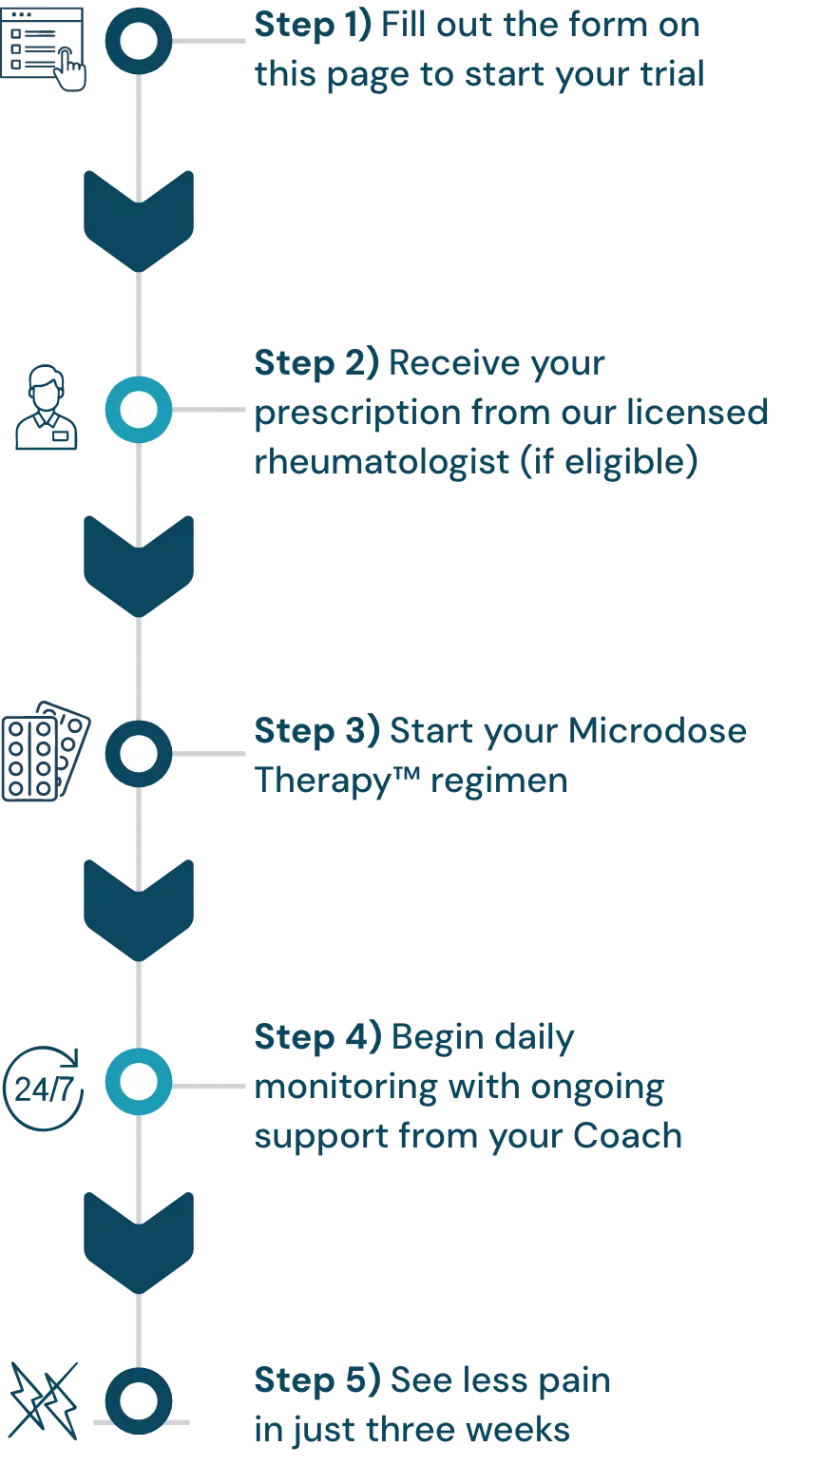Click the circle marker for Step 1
(x=139, y=41)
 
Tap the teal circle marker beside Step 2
(x=139, y=411)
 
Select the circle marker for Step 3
(x=139, y=753)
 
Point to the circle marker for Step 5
(x=139, y=1401)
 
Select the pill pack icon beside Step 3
(x=45, y=754)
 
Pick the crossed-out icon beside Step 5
(x=45, y=1400)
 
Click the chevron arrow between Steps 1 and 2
(x=139, y=218)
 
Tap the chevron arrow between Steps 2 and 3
(x=139, y=563)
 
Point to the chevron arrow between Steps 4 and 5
(x=139, y=1241)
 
